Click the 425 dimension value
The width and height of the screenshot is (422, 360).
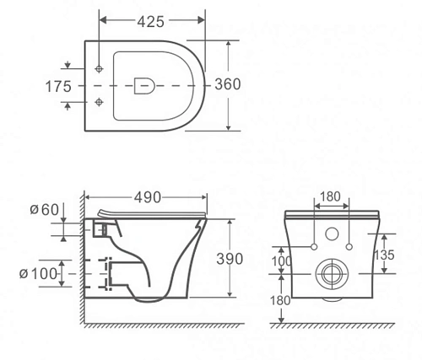click(150, 22)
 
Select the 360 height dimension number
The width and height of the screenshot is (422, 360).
click(228, 84)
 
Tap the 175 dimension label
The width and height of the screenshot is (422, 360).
click(58, 86)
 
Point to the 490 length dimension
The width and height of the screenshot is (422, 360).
click(148, 197)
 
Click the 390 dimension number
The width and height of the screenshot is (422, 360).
click(230, 259)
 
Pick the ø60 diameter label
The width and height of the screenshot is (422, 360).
click(45, 209)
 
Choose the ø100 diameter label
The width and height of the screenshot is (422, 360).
click(38, 273)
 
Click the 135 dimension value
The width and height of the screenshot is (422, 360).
click(384, 255)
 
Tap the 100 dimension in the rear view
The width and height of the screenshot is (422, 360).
click(282, 261)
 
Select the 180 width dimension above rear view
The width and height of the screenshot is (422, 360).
click(330, 196)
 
